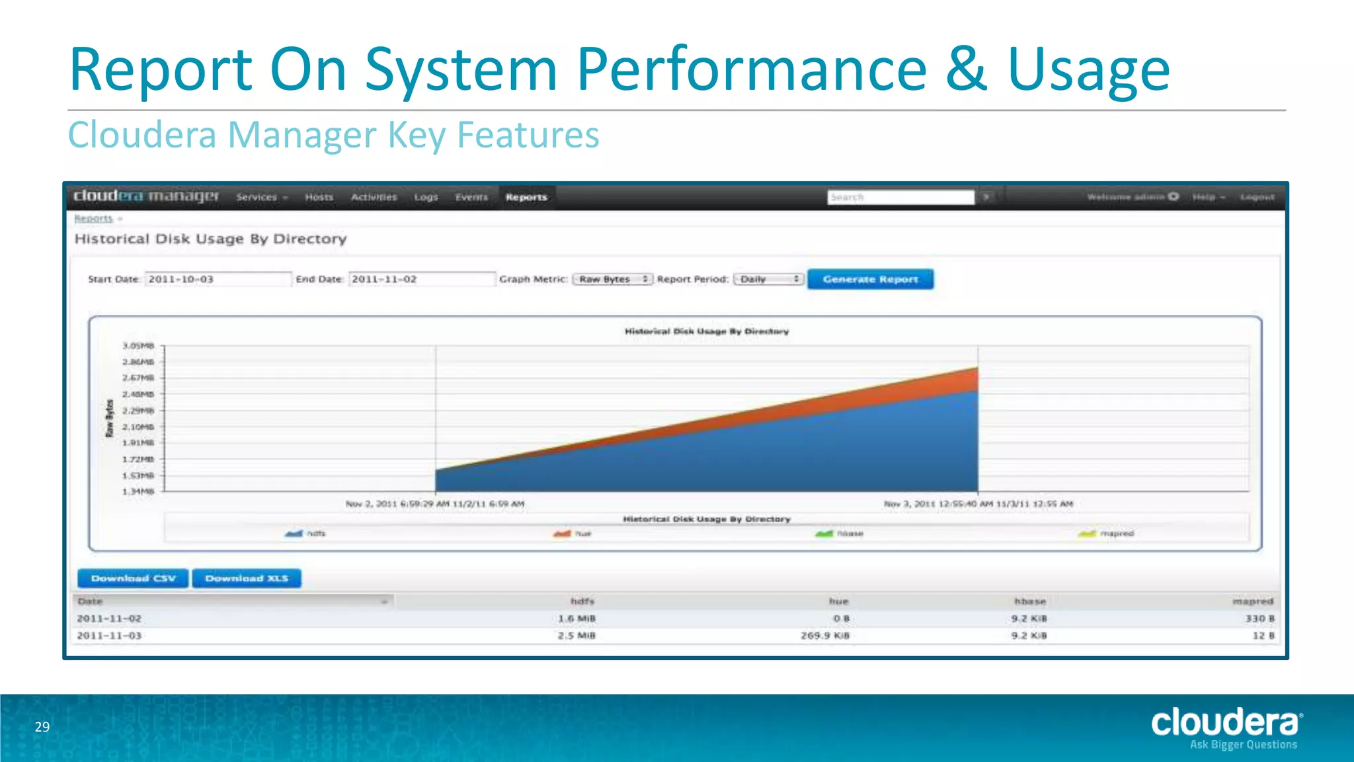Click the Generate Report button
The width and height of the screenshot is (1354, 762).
coord(870,279)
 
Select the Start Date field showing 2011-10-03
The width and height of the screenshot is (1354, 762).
coord(218,279)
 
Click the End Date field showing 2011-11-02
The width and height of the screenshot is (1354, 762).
coord(421,279)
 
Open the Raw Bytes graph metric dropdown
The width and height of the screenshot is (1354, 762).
coord(612,279)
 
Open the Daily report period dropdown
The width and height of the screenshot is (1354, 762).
coord(769,279)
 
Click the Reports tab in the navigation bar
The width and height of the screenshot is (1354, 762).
coord(526,197)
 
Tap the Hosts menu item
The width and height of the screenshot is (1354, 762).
coord(319,197)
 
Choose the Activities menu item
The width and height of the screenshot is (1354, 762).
coord(374,197)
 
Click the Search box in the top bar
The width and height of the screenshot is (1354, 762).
coord(900,197)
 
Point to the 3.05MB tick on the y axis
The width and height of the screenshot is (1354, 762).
coord(138,346)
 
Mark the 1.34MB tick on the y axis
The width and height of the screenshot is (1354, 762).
coord(138,491)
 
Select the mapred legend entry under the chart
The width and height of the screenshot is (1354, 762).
coord(1107,533)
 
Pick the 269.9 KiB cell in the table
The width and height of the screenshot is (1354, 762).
coord(824,636)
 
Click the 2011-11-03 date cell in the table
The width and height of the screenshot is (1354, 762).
coord(109,636)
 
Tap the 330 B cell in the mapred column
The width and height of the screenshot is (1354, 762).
coord(1259,618)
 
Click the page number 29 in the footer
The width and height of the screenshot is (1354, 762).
coord(42,727)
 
